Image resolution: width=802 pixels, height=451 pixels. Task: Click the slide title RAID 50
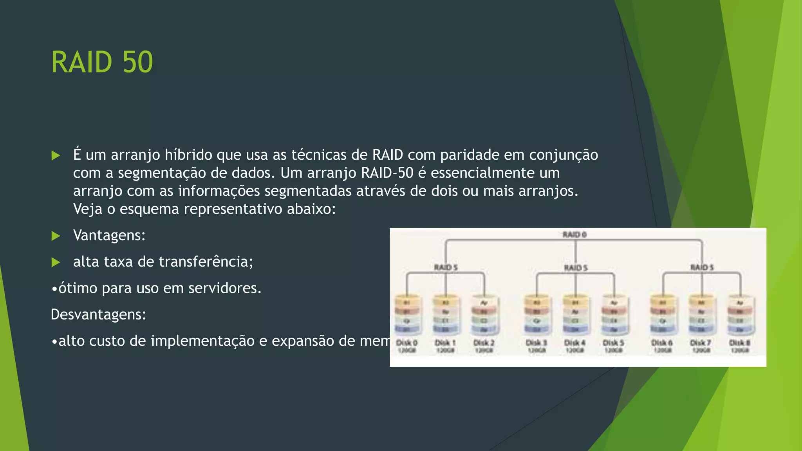pos(102,62)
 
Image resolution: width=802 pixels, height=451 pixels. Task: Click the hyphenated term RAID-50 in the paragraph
pos(387,173)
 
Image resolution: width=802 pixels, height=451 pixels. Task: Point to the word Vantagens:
pos(109,236)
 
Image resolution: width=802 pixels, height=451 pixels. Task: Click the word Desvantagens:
pos(98,315)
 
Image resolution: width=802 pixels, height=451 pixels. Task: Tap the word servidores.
pos(224,289)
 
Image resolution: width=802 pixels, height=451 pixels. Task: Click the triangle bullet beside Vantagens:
pos(56,236)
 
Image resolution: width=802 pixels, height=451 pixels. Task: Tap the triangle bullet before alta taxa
pos(56,262)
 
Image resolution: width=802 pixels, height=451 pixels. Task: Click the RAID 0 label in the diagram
pos(574,235)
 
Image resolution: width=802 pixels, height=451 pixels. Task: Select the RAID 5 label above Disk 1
pos(446,267)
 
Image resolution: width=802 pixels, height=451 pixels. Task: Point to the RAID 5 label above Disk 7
pos(702,267)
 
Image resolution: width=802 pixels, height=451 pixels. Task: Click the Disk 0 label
pos(407,343)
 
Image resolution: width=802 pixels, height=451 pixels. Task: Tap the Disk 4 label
pos(574,343)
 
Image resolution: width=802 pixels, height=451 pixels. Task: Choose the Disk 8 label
pos(739,343)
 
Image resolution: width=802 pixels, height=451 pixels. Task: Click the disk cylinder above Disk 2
pos(484,316)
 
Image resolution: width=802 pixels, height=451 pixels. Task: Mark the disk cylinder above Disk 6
pos(663,316)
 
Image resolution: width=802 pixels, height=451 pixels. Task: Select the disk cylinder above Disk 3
pos(536,316)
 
